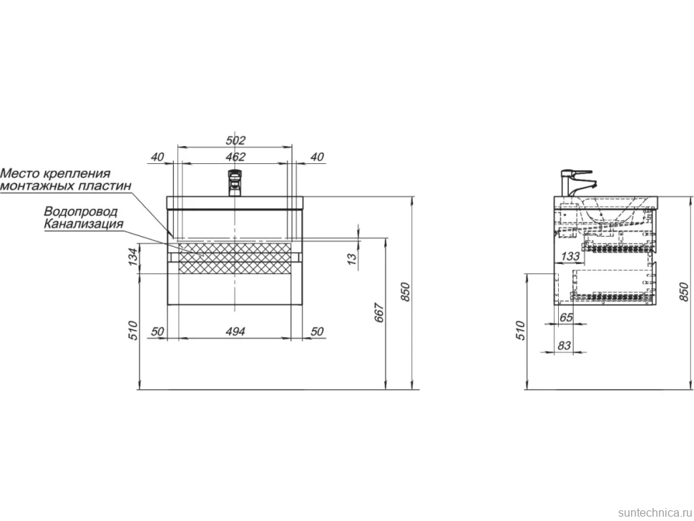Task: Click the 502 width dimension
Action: click(x=235, y=140)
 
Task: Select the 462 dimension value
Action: click(x=235, y=157)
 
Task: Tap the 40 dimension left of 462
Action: click(x=157, y=157)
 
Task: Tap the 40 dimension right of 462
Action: click(x=317, y=157)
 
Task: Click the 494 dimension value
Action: click(x=235, y=331)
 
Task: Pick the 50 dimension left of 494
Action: click(x=157, y=331)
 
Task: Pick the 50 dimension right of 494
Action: click(x=317, y=331)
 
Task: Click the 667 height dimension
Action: click(x=379, y=313)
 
